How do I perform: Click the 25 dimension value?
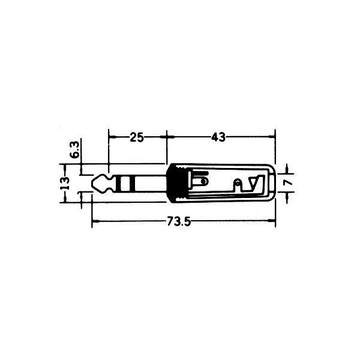click(137, 137)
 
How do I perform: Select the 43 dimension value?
click(218, 137)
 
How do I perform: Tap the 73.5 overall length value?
click(179, 221)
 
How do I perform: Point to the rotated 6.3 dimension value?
click(75, 149)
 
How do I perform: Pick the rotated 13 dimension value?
click(65, 183)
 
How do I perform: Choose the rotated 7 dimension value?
click(288, 182)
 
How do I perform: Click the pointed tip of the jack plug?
click(92, 183)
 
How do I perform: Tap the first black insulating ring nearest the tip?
click(118, 183)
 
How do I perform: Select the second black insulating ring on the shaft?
click(132, 183)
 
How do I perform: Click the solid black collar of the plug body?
click(173, 183)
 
